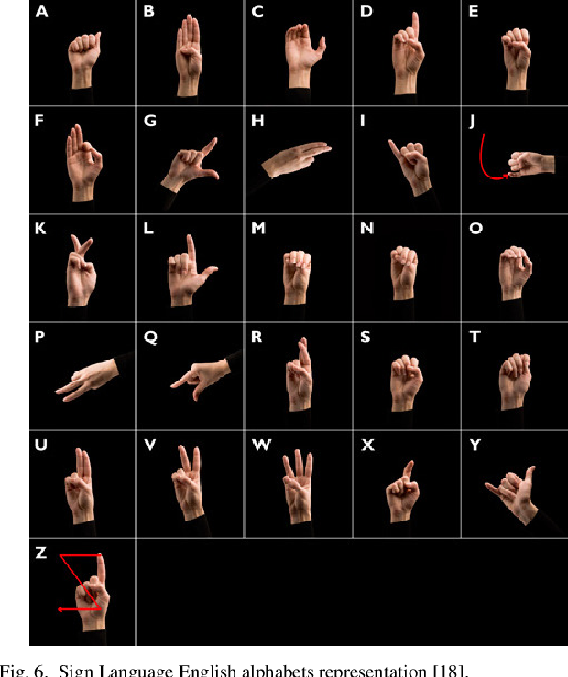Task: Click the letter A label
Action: (x=41, y=11)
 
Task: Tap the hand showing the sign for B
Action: (x=189, y=55)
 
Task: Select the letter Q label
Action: (x=150, y=337)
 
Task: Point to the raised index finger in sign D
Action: (x=415, y=27)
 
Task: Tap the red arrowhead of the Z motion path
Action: (x=61, y=609)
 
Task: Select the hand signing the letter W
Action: (x=298, y=487)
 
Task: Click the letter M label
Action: (x=258, y=228)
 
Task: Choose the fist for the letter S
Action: (x=407, y=383)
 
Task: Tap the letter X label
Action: (x=367, y=445)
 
